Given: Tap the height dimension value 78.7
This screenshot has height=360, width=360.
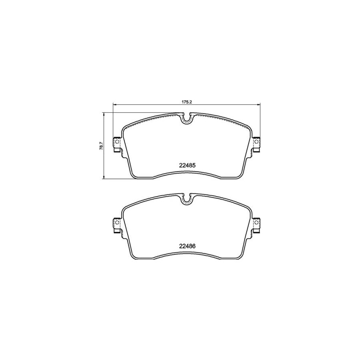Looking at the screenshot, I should click(102, 146).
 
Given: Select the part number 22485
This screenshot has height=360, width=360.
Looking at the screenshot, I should click(187, 165).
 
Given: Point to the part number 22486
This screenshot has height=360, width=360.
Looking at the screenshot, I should click(187, 247).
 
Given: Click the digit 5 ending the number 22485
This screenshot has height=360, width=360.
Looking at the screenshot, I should click(194, 165).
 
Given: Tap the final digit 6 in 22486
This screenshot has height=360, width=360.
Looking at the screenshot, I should click(194, 247).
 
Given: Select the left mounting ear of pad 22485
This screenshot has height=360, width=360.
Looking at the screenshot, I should click(117, 145).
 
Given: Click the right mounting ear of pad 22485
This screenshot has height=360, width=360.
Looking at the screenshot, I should click(257, 145).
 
